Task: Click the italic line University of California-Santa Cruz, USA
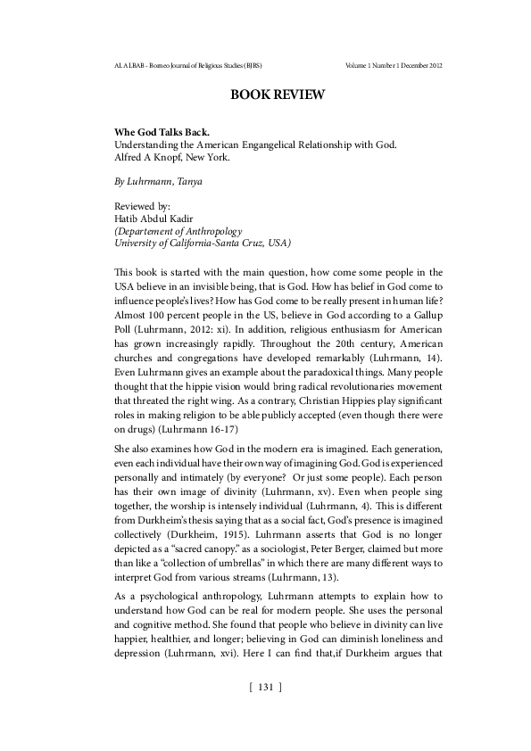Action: point(203,243)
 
